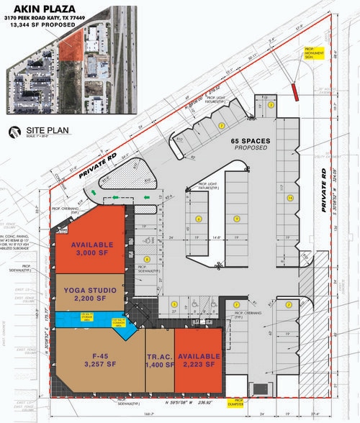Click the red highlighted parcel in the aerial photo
pyautogui.click(x=70, y=48)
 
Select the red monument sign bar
pyautogui.click(x=294, y=90)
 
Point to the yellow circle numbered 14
pyautogui.click(x=290, y=197)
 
